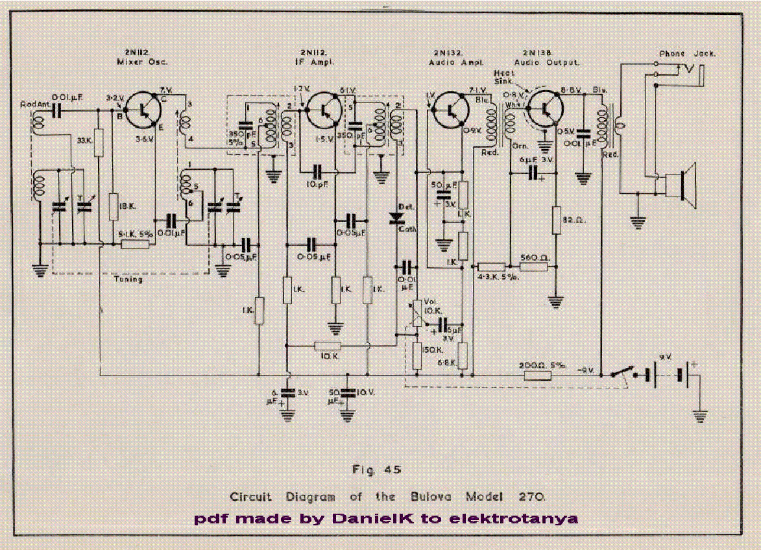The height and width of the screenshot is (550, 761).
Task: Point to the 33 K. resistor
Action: [99, 141]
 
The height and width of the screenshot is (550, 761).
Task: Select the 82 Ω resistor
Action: [556, 220]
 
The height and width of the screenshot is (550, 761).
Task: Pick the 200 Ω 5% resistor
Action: [537, 375]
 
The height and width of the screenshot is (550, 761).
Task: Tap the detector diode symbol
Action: [394, 219]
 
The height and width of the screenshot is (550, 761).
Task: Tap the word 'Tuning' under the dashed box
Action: [127, 280]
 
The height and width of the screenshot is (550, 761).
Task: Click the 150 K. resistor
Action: [417, 355]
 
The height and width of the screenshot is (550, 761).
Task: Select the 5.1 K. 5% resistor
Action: [135, 244]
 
